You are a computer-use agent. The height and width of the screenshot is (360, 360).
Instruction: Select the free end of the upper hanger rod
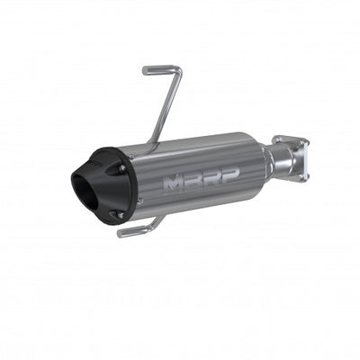pyautogui.click(x=144, y=70)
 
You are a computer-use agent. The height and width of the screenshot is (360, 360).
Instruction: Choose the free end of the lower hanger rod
pyautogui.click(x=121, y=234)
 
